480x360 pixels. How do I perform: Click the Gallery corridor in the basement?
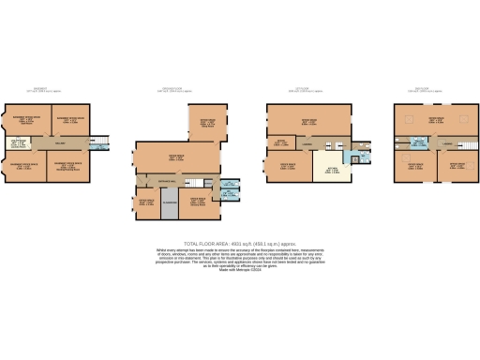(x=59, y=143)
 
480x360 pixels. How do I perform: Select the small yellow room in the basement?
(x=16, y=143)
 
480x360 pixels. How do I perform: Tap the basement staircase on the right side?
(x=102, y=143)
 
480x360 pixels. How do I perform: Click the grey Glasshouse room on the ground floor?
(x=170, y=205)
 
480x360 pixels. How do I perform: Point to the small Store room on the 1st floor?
(x=279, y=143)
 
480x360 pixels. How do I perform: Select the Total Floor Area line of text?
(x=239, y=243)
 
